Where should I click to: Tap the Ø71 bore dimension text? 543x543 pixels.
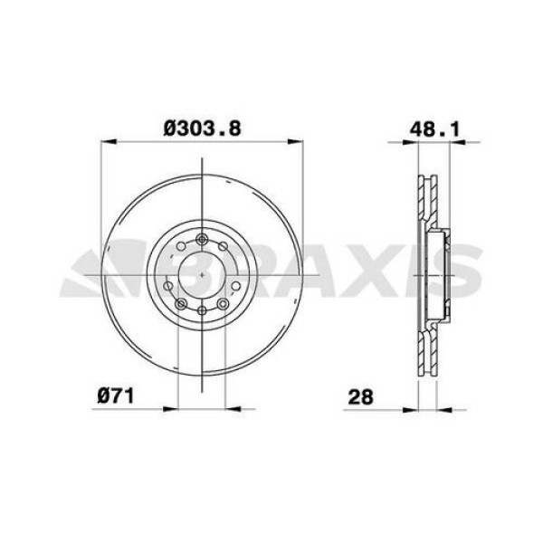tap(116, 395)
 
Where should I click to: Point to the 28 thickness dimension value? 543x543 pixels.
tap(360, 396)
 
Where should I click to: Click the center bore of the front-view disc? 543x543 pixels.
tap(200, 272)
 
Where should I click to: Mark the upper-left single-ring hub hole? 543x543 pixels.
tap(174, 255)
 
